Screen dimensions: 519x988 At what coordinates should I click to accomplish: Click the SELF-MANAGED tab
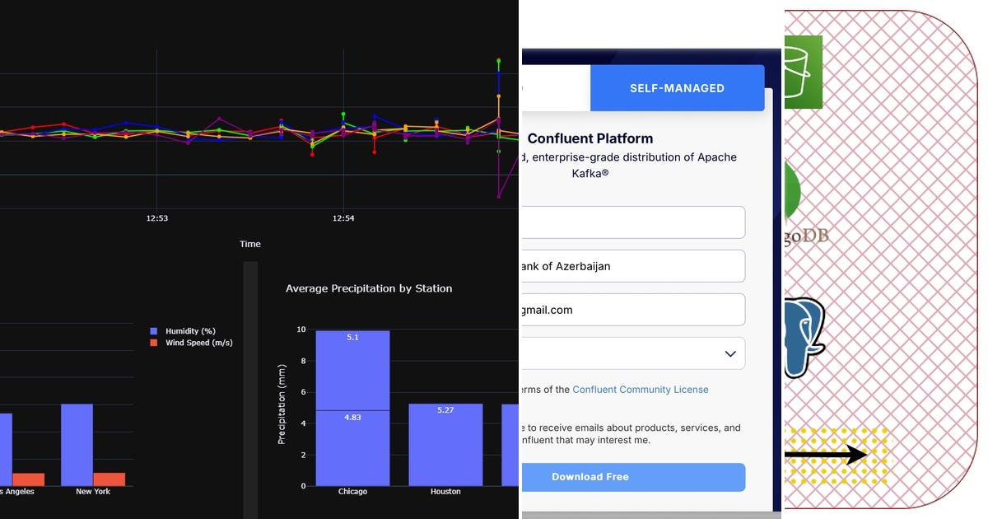pyautogui.click(x=677, y=88)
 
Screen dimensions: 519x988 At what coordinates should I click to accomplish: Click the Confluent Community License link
pyautogui.click(x=640, y=390)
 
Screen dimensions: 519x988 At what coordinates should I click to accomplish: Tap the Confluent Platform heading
pyautogui.click(x=590, y=138)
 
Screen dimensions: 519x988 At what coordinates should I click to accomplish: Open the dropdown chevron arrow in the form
pyautogui.click(x=729, y=353)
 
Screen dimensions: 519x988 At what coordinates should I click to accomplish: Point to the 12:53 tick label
pyautogui.click(x=156, y=218)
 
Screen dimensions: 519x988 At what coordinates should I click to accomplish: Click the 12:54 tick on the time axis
pyautogui.click(x=343, y=218)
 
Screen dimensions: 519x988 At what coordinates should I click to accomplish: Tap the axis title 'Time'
pyautogui.click(x=250, y=244)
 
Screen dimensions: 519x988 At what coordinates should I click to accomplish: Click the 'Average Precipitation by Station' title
pyautogui.click(x=369, y=288)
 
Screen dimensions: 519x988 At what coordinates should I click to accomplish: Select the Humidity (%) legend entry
pyautogui.click(x=189, y=331)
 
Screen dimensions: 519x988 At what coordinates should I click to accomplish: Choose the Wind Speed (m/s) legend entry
pyautogui.click(x=198, y=343)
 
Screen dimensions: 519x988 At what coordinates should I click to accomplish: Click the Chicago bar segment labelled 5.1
pyautogui.click(x=352, y=370)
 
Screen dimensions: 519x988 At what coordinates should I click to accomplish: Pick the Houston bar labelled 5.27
pyautogui.click(x=445, y=445)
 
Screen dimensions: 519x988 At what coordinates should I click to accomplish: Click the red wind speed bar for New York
pyautogui.click(x=110, y=479)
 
